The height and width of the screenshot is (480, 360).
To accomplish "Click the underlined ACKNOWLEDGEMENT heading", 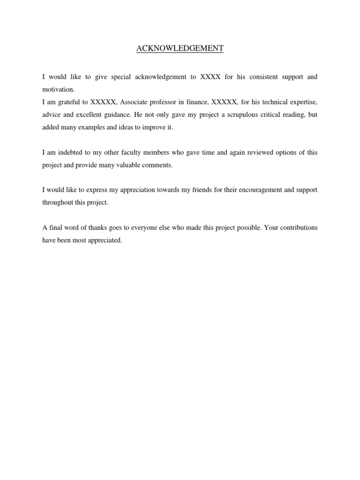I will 180,48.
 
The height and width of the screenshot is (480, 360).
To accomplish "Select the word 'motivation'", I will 58,90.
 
